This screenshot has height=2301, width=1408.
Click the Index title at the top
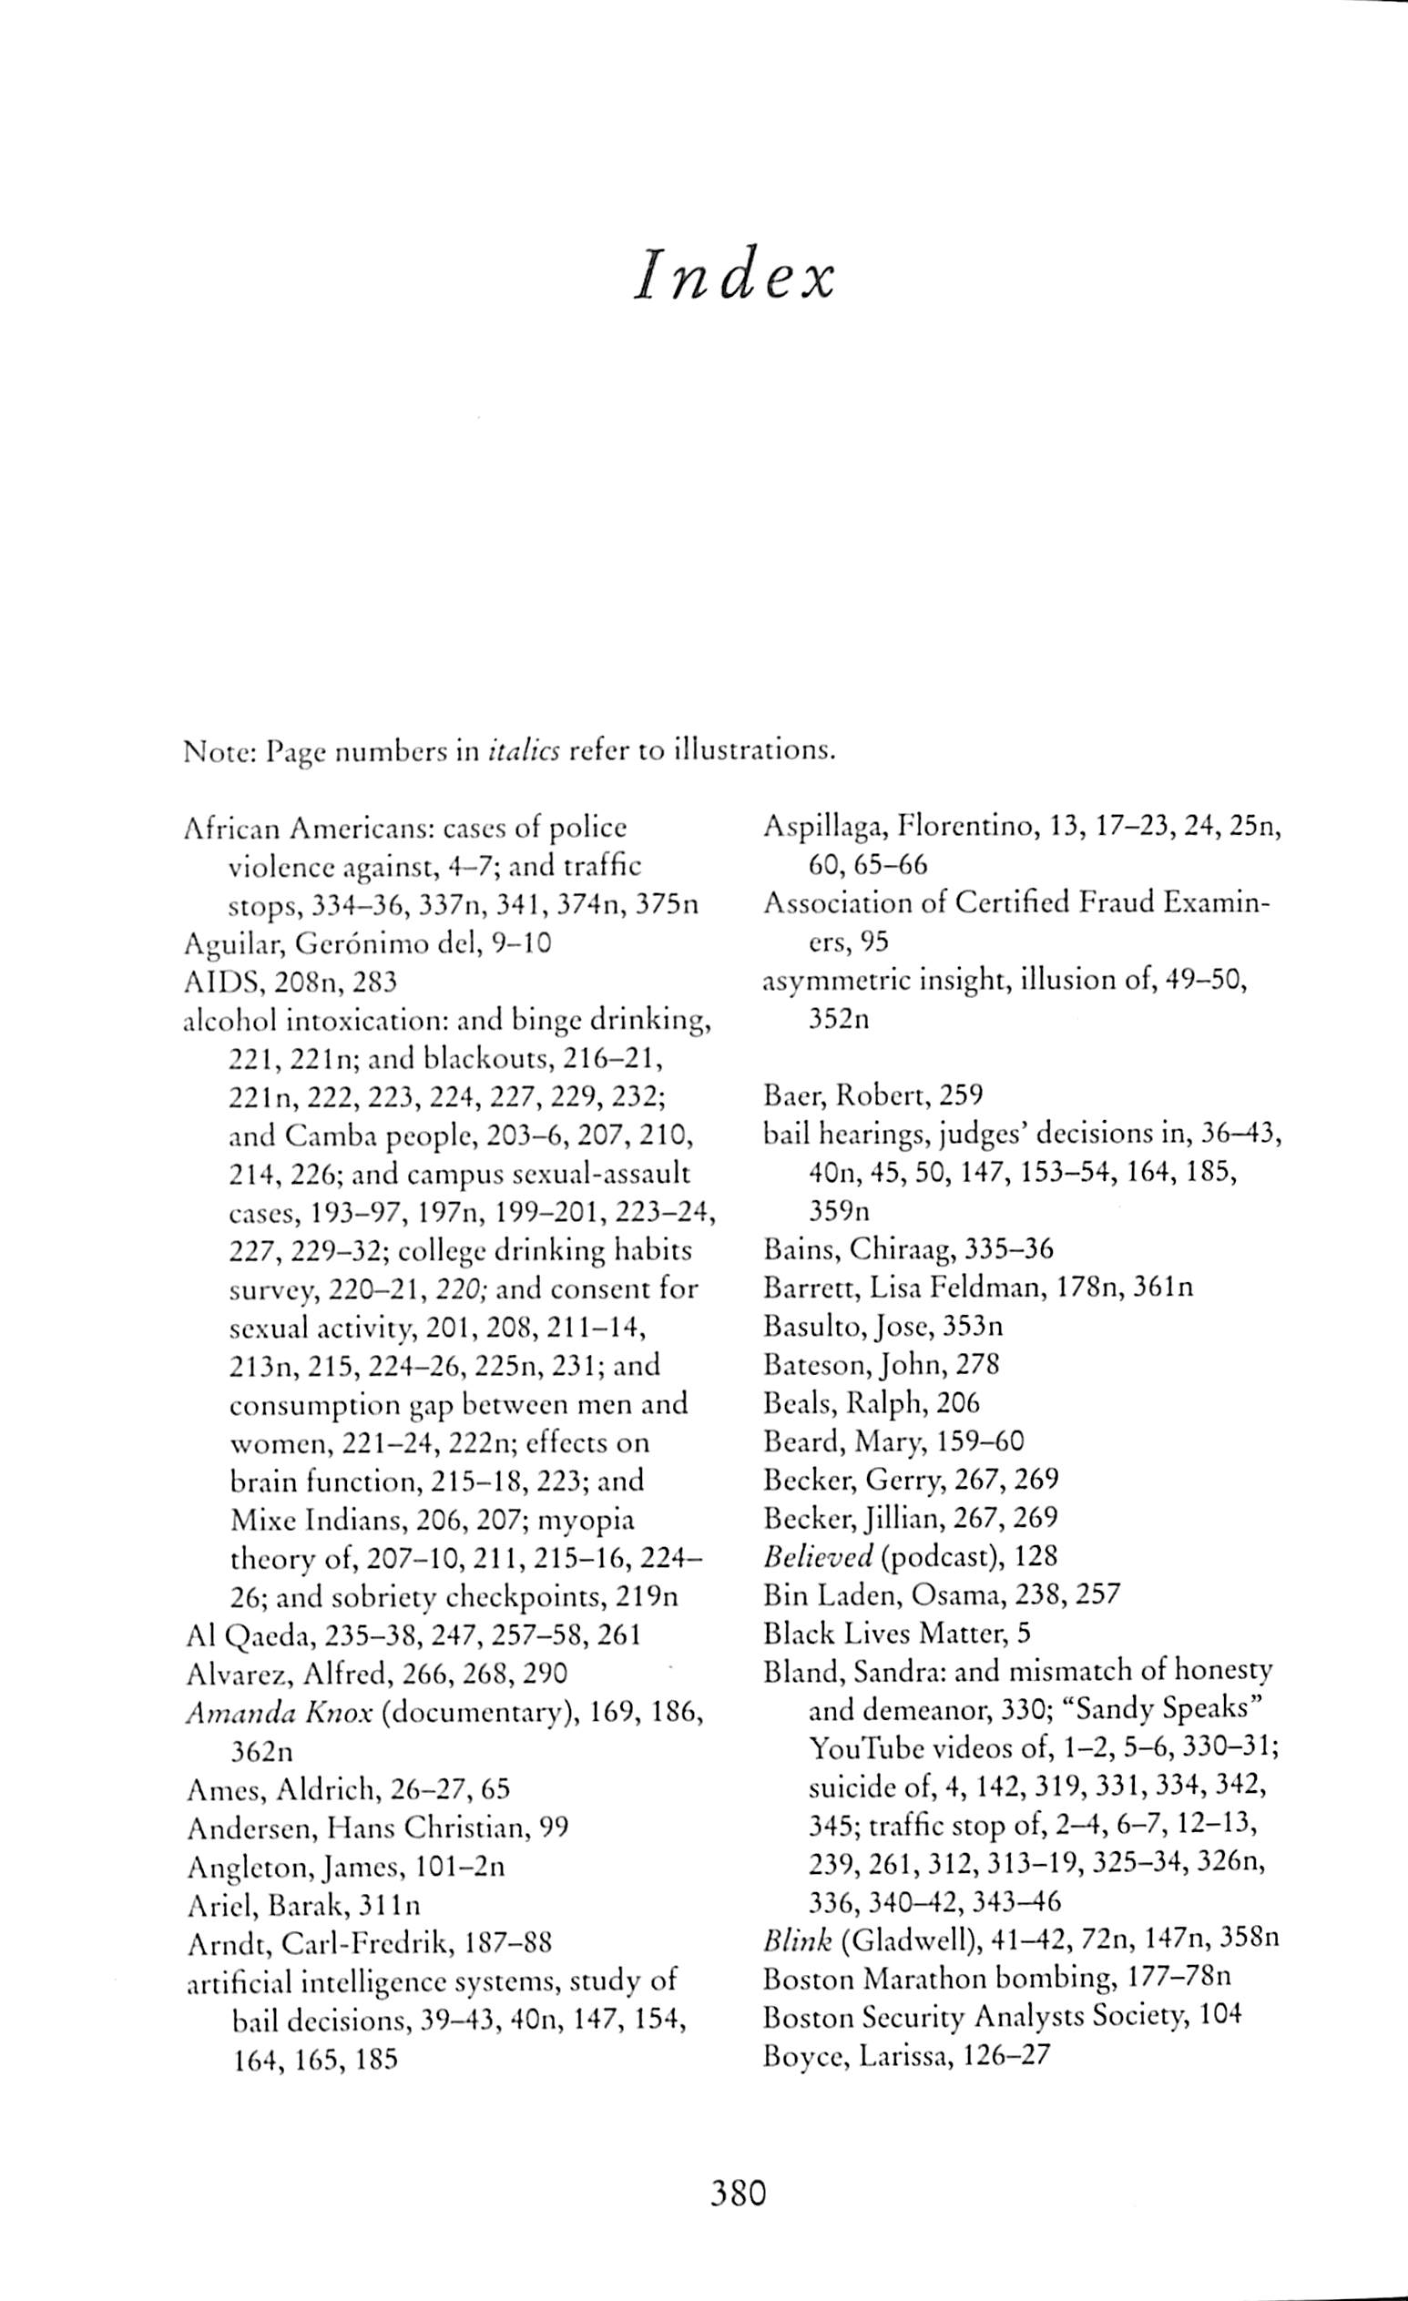(733, 277)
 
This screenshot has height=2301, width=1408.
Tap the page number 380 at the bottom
(738, 2191)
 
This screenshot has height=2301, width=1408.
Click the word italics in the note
(525, 752)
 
